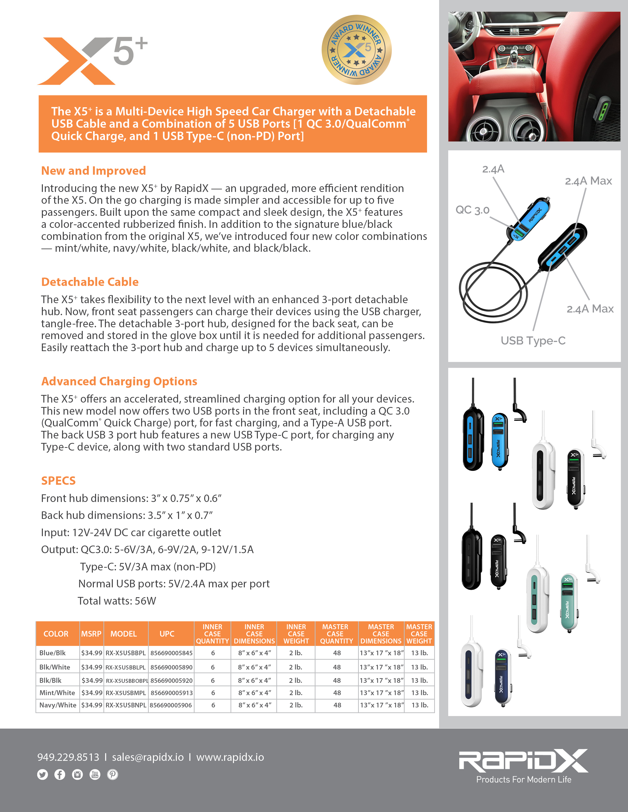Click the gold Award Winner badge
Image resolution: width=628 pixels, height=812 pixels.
pyautogui.click(x=356, y=50)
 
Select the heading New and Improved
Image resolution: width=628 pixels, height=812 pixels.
pyautogui.click(x=93, y=171)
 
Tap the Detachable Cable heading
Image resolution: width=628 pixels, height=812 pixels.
pyautogui.click(x=90, y=282)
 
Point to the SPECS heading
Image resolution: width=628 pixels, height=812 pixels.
pyautogui.click(x=58, y=481)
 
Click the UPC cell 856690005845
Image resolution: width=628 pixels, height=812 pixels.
pyautogui.click(x=171, y=653)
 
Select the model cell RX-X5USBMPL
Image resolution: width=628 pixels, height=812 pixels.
pyautogui.click(x=126, y=693)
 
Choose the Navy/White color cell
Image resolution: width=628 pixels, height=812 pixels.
pyautogui.click(x=58, y=705)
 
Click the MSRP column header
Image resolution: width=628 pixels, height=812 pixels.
pyautogui.click(x=91, y=634)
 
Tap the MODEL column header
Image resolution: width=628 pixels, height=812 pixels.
pyautogui.click(x=124, y=634)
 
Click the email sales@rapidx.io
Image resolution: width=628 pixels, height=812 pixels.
pyautogui.click(x=148, y=757)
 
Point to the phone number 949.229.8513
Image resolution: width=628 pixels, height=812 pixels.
pyautogui.click(x=68, y=757)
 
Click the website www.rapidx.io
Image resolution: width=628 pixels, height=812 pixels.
pyautogui.click(x=230, y=757)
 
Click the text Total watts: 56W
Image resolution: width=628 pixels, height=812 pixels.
pyautogui.click(x=117, y=601)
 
